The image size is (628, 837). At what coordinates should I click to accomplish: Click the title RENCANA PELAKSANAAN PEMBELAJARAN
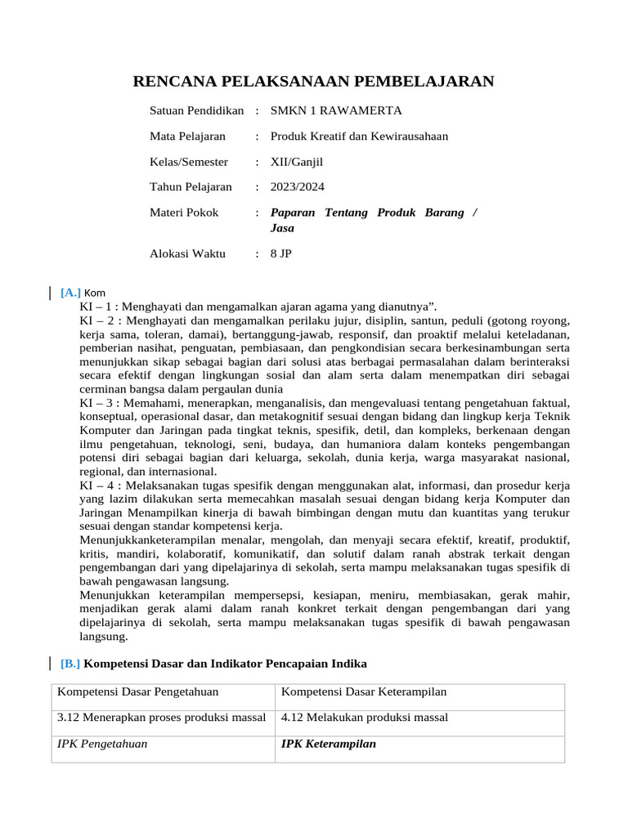click(x=313, y=81)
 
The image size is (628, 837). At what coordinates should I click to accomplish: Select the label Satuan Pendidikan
click(x=196, y=110)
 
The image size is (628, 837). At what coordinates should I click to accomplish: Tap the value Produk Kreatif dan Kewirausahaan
click(x=359, y=137)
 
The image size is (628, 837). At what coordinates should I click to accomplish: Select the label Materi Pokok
click(x=184, y=213)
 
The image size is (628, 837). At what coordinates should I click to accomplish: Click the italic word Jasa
click(x=282, y=228)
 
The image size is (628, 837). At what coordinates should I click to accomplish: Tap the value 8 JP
click(x=280, y=254)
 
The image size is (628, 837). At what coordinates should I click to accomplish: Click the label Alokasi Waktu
click(x=187, y=254)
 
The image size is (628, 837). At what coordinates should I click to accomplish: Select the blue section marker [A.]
click(x=70, y=293)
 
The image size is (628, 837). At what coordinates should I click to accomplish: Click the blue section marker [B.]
click(x=70, y=663)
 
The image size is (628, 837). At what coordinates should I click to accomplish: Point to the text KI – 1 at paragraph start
click(x=97, y=307)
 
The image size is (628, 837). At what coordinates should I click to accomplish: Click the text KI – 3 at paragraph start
click(x=97, y=404)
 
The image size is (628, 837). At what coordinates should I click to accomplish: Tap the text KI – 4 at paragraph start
click(x=97, y=486)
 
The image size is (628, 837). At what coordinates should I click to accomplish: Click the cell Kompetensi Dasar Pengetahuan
click(x=137, y=692)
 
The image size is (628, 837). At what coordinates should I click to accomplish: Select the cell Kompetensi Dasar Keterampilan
click(x=363, y=692)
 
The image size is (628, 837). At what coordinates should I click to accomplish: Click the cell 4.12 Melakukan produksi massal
click(x=364, y=718)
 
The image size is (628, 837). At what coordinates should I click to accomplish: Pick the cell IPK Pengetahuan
click(x=102, y=745)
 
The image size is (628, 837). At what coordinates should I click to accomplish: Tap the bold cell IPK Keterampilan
click(x=328, y=745)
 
